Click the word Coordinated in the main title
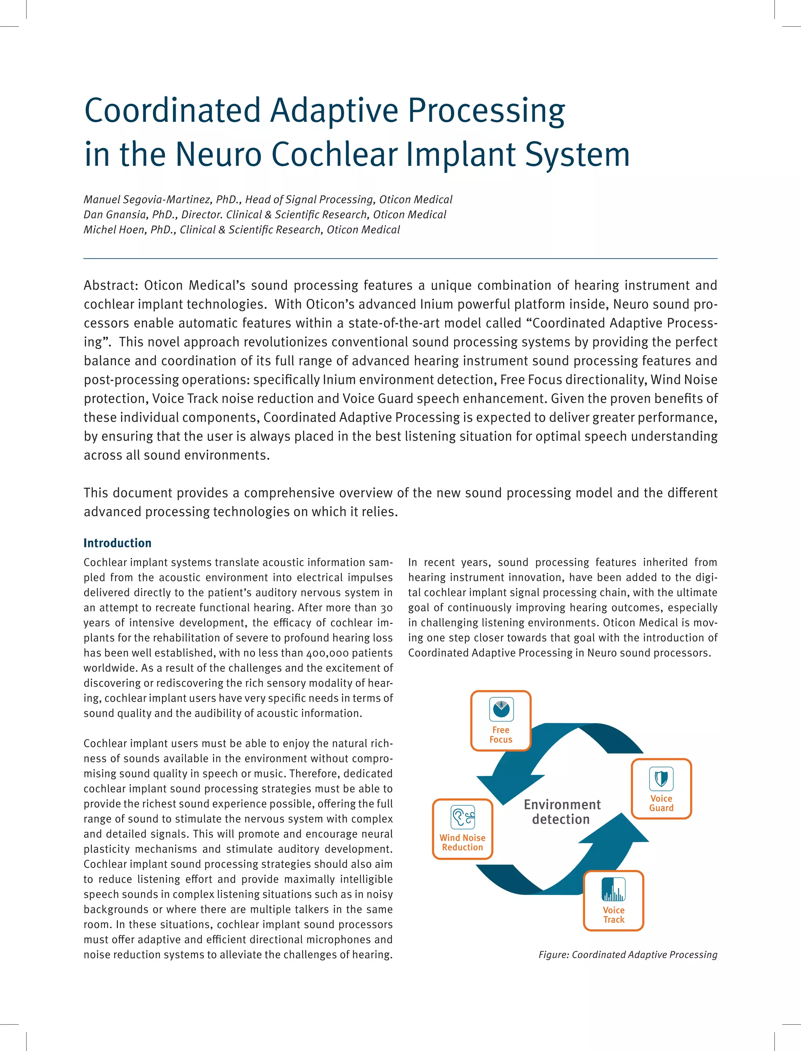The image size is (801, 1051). pyautogui.click(x=172, y=111)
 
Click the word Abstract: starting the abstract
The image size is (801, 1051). pyautogui.click(x=111, y=286)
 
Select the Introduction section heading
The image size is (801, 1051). pyautogui.click(x=117, y=543)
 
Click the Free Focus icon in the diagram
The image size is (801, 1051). pyautogui.click(x=501, y=709)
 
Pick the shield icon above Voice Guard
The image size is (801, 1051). pyautogui.click(x=661, y=779)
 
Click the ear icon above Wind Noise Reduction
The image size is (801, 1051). pyautogui.click(x=462, y=817)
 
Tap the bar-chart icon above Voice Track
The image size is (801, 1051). pyautogui.click(x=613, y=889)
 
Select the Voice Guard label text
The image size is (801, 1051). pyautogui.click(x=661, y=803)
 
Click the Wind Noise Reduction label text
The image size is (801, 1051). pyautogui.click(x=462, y=842)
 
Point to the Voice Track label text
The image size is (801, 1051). pyautogui.click(x=613, y=914)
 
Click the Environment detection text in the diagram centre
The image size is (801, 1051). pyautogui.click(x=562, y=812)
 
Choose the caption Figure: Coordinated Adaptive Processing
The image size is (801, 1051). pyautogui.click(x=627, y=954)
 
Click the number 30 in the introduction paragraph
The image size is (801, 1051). pyautogui.click(x=387, y=608)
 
